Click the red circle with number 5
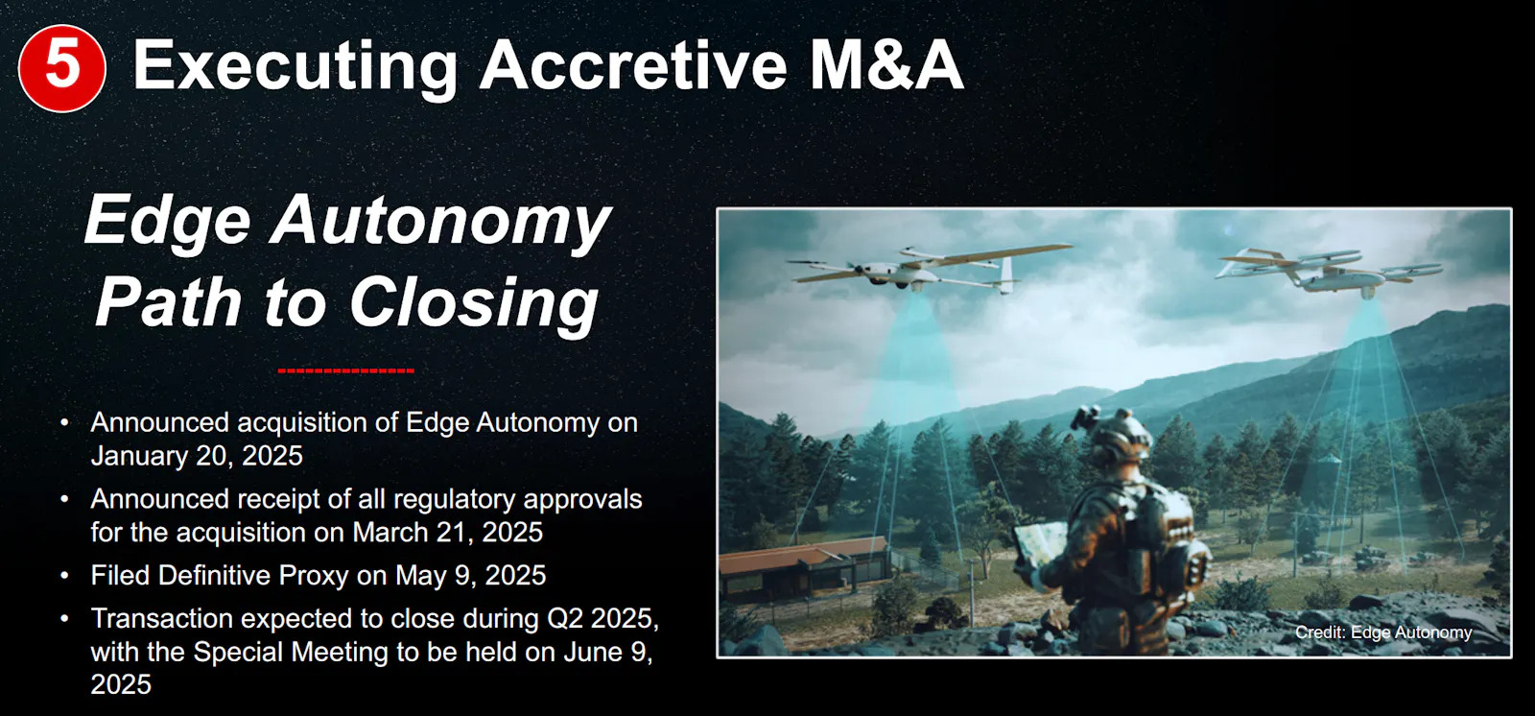pyautogui.click(x=61, y=68)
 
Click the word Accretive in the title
pyautogui.click(x=632, y=65)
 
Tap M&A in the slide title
pyautogui.click(x=886, y=65)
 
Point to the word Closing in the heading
pyautogui.click(x=474, y=303)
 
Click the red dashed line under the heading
pyautogui.click(x=346, y=370)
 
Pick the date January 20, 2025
pyautogui.click(x=197, y=456)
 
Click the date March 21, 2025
pyautogui.click(x=447, y=532)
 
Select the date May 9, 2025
pyautogui.click(x=470, y=576)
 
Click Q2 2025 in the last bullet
pyautogui.click(x=602, y=619)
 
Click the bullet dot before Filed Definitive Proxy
pyautogui.click(x=64, y=575)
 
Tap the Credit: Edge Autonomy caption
pyautogui.click(x=1382, y=632)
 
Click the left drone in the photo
pyautogui.click(x=929, y=269)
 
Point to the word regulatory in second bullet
pyautogui.click(x=454, y=499)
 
